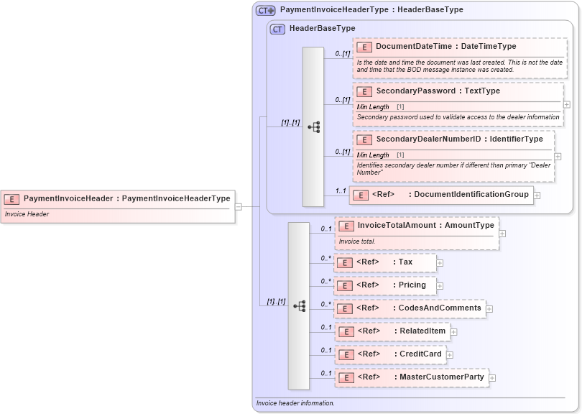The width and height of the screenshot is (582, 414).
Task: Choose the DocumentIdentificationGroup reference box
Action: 441,195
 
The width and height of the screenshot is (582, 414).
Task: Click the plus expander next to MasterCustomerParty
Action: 492,378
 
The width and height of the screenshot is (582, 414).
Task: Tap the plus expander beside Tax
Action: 440,263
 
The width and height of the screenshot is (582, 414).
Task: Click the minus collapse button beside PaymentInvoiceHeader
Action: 239,207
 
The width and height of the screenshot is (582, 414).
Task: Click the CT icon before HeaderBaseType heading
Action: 277,29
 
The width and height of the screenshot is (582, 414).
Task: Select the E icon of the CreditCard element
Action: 346,355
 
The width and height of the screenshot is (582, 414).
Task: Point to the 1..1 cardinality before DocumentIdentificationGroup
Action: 341,190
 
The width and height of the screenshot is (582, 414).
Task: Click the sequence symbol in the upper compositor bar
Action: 313,127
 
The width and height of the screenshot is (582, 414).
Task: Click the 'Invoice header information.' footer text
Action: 295,403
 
